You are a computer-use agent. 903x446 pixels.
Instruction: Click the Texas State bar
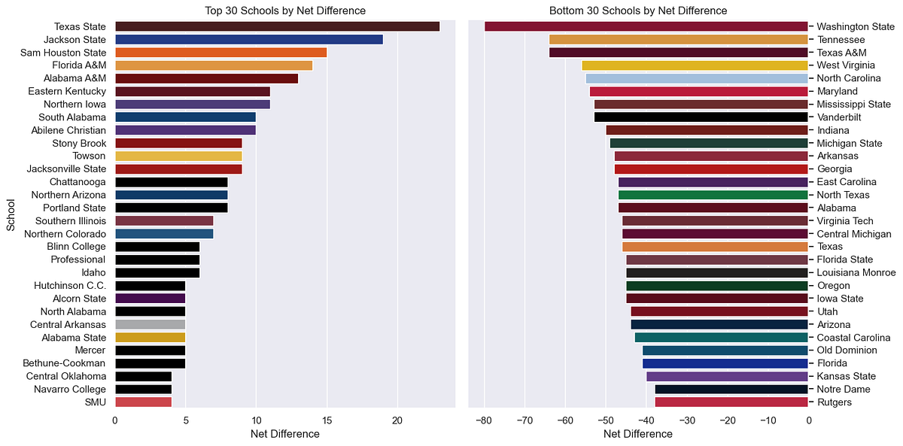(277, 26)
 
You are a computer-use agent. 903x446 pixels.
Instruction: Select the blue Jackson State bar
(248, 39)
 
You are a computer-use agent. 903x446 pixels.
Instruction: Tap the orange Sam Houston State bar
(220, 53)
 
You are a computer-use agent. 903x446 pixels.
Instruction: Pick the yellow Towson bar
(178, 156)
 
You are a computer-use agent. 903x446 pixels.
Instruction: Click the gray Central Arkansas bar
(150, 324)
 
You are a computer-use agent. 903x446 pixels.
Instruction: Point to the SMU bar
(143, 402)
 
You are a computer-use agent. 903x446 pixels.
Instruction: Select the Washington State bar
(646, 26)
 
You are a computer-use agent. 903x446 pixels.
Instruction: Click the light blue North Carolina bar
(697, 78)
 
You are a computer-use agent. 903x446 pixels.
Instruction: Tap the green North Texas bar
(713, 195)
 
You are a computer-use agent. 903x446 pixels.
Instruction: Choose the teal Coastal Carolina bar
(721, 338)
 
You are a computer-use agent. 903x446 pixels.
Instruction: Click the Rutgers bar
(731, 402)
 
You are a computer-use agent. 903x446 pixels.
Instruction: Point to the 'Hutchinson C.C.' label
(70, 286)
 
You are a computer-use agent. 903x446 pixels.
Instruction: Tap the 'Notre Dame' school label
(844, 390)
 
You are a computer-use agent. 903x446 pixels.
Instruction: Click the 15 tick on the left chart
(327, 421)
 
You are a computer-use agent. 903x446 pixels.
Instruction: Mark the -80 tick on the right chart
(484, 421)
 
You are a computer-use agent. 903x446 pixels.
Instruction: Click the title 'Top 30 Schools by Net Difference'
(285, 11)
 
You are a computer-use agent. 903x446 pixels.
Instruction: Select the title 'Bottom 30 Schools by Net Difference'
(638, 11)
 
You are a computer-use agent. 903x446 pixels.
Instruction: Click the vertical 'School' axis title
(11, 214)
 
